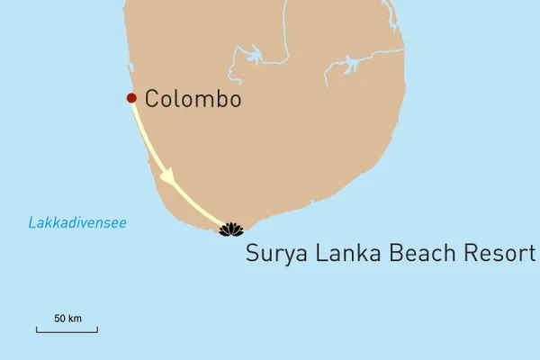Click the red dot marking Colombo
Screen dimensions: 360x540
tap(131, 97)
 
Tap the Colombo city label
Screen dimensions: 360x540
tap(193, 99)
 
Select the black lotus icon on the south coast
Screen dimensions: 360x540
tap(231, 229)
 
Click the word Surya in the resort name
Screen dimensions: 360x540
tap(274, 254)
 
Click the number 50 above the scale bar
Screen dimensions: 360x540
tap(60, 319)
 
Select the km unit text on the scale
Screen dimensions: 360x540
tap(76, 319)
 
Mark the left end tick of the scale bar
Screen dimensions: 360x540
tap(37, 329)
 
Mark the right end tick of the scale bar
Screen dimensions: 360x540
tap(97, 329)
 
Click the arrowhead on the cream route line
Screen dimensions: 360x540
tap(166, 179)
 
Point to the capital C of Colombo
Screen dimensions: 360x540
tap(152, 99)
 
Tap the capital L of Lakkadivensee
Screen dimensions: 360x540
tap(31, 222)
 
